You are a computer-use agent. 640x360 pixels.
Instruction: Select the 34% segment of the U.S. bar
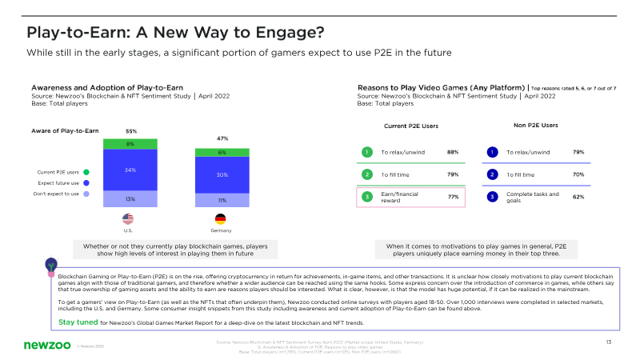coord(130,170)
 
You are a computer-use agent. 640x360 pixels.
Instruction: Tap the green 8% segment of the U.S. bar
coord(130,144)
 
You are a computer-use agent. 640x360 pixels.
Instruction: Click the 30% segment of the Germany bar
coord(222,174)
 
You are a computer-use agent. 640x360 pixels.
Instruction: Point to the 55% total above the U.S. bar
coord(130,130)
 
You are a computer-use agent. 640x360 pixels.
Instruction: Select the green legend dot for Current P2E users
coord(86,171)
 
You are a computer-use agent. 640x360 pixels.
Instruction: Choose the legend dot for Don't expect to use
coord(86,194)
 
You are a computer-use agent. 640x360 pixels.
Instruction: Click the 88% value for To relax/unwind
coord(452,152)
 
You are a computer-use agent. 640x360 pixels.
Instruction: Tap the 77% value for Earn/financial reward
coord(452,196)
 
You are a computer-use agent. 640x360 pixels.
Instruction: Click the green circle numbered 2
coord(366,174)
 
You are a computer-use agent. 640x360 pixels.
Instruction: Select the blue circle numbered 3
coord(493,196)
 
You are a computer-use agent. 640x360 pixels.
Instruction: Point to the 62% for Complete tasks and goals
coord(578,196)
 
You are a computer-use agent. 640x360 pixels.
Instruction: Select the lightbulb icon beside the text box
coord(51,263)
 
